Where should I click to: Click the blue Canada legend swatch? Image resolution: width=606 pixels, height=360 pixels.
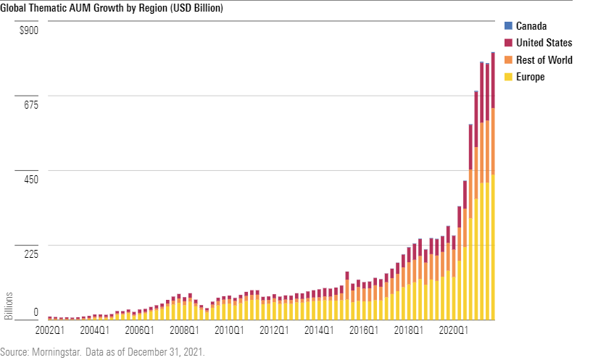[x=508, y=27]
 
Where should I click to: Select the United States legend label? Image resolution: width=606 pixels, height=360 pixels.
[x=544, y=43]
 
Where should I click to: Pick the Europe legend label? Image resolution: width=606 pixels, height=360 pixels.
[x=531, y=77]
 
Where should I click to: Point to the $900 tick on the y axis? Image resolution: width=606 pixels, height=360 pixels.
[x=29, y=30]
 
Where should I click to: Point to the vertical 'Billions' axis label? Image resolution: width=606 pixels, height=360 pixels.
[x=9, y=305]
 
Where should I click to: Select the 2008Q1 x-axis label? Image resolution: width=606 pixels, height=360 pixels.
[x=184, y=330]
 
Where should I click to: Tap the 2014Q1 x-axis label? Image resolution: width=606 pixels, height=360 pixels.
[x=319, y=330]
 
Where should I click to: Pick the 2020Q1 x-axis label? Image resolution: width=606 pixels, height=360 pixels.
[x=454, y=330]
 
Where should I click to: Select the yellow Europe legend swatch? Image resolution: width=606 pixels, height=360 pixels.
[x=508, y=77]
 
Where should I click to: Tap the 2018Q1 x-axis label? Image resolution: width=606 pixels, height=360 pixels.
[x=409, y=330]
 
